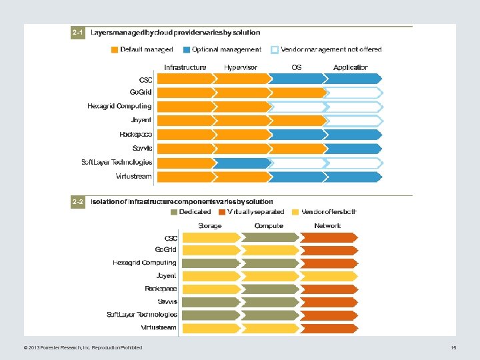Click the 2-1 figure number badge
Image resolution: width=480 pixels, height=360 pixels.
(x=78, y=32)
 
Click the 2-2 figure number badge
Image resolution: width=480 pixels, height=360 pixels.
(x=78, y=201)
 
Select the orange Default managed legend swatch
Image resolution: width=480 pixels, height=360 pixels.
(x=115, y=49)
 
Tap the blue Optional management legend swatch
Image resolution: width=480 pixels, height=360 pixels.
(x=187, y=49)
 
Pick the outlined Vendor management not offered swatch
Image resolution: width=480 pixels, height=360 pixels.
(x=275, y=49)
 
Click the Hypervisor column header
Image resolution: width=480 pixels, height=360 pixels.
(x=241, y=67)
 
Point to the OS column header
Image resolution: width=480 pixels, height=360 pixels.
(x=297, y=67)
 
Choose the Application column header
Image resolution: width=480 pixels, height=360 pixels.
(x=351, y=67)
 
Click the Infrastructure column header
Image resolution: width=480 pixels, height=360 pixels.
(x=185, y=67)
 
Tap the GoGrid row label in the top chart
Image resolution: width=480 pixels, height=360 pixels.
(x=141, y=92)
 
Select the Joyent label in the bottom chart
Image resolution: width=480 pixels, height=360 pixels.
(x=166, y=275)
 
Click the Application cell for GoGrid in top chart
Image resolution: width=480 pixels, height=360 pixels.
(x=353, y=93)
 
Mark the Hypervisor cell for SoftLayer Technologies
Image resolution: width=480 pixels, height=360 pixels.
(x=243, y=163)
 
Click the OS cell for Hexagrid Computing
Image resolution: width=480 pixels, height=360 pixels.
(x=298, y=107)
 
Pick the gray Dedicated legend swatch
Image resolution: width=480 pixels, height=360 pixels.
(x=174, y=212)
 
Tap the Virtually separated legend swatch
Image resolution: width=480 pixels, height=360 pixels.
(x=222, y=212)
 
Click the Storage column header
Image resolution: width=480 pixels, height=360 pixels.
(x=210, y=226)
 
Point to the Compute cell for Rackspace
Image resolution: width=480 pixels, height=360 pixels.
(x=269, y=289)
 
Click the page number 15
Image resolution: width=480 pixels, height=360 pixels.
(x=453, y=347)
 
